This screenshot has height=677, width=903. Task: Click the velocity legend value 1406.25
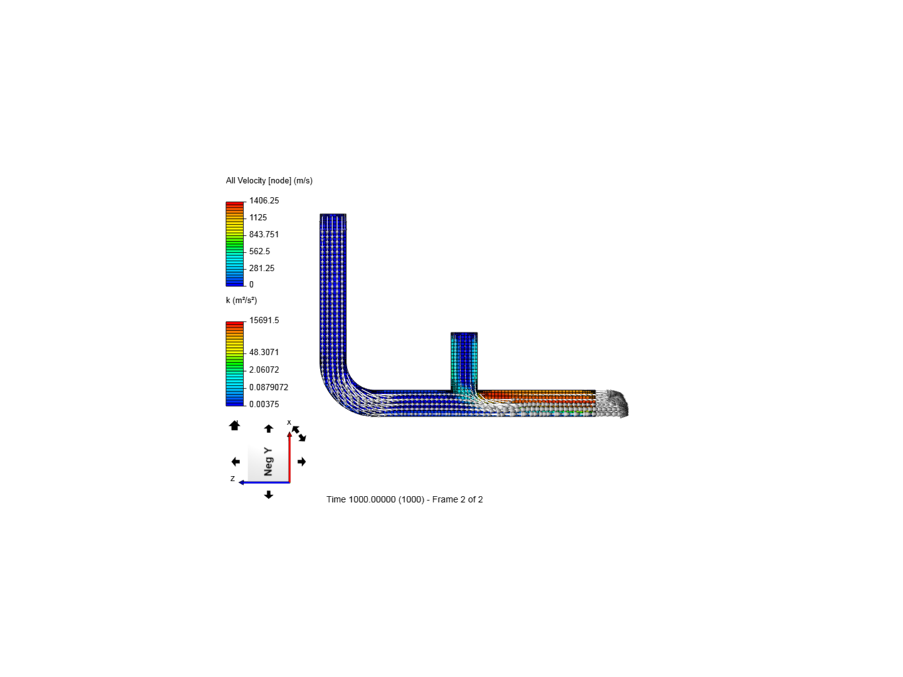[x=264, y=201]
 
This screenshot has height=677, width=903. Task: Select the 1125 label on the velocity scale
[x=258, y=218]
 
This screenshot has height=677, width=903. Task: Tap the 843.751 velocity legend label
[x=264, y=234]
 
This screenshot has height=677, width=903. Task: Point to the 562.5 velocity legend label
[x=259, y=251]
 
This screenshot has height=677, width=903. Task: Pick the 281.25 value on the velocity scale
[x=261, y=268]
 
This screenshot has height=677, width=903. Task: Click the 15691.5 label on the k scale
[x=264, y=320]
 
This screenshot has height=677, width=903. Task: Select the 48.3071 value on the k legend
[x=264, y=352]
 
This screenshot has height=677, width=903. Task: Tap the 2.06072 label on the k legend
[x=264, y=370]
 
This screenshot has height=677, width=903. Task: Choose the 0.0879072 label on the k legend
[x=268, y=387]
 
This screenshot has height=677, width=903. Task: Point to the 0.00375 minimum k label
[x=264, y=404]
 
